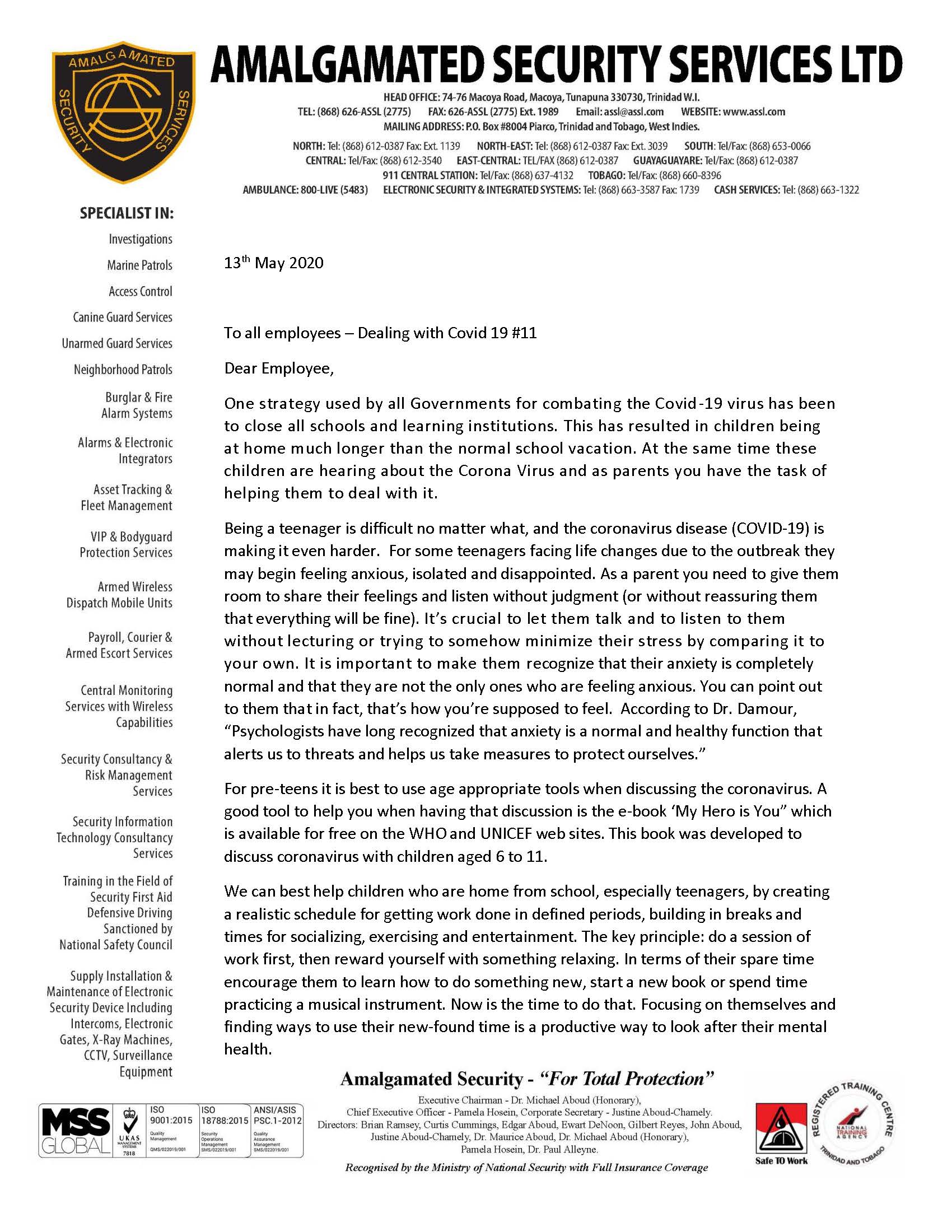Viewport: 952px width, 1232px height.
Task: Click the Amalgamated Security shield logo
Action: pos(123,111)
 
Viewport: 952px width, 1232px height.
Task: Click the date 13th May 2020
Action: pos(273,263)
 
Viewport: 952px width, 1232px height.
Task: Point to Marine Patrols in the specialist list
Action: pos(140,265)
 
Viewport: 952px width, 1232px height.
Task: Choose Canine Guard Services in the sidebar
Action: pos(123,317)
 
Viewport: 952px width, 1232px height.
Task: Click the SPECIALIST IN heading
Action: pos(127,214)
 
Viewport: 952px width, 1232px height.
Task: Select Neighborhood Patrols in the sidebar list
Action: pos(123,370)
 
